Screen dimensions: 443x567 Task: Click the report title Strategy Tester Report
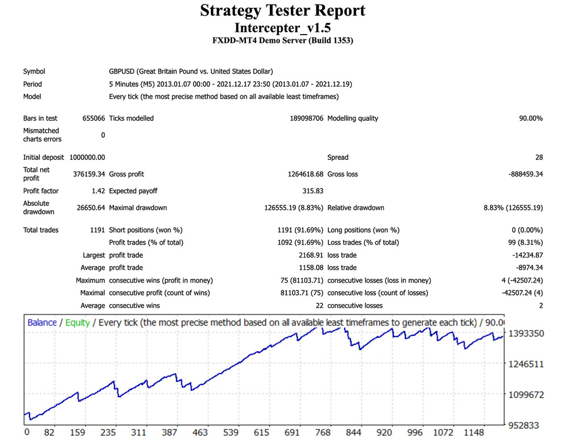[283, 11]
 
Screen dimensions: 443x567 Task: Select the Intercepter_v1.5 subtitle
[283, 27]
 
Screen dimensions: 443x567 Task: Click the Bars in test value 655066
[94, 119]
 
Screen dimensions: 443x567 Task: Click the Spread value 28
[538, 157]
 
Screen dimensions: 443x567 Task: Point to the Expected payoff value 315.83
[312, 191]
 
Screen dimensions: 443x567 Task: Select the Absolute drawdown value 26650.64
[91, 208]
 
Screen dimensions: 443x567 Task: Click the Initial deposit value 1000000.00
[87, 157]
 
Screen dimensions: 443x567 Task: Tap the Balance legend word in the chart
[42, 323]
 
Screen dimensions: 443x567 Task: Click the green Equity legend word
[77, 323]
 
